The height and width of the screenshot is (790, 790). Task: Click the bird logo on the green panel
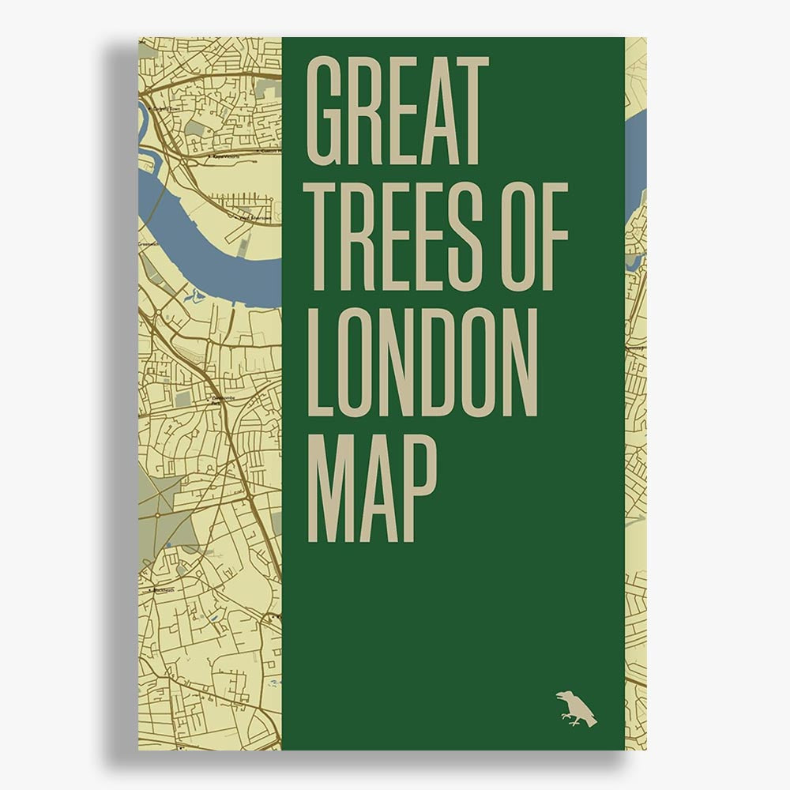pyautogui.click(x=575, y=708)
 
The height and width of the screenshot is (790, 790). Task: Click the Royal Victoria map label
pyautogui.click(x=226, y=156)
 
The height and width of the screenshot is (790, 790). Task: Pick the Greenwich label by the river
pyautogui.click(x=148, y=244)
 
